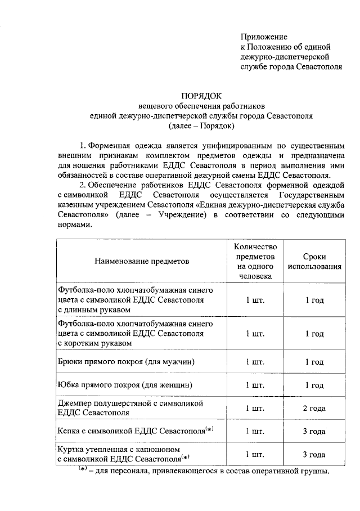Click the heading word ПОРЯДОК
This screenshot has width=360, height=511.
197,95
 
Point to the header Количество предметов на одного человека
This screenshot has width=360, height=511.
255,261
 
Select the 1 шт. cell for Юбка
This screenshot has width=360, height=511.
255,385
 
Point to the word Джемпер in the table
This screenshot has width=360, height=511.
75,404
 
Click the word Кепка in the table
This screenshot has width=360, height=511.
70,432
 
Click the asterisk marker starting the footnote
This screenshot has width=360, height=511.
83,469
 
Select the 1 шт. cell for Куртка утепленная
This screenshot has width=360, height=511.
255,455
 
